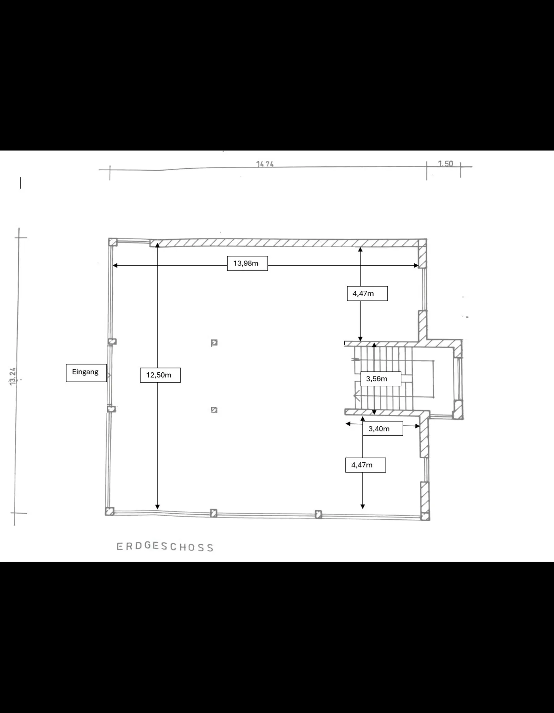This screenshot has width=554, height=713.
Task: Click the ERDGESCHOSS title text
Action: tap(165, 547)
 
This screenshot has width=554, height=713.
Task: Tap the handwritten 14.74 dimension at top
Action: tap(265, 164)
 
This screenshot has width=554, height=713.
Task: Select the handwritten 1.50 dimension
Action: tap(445, 164)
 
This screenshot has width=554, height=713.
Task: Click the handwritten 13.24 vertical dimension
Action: tap(13, 376)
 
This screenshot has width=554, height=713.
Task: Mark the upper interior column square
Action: tap(214, 343)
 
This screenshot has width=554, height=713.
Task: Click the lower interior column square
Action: tap(214, 410)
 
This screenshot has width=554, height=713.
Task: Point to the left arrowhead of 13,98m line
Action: tap(115, 265)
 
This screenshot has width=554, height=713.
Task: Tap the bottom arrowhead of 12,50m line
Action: tap(157, 507)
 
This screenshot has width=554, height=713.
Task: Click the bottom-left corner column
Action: tap(110, 511)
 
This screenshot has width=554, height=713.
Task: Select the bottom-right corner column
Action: tap(425, 516)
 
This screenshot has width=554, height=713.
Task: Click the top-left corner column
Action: tap(113, 242)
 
